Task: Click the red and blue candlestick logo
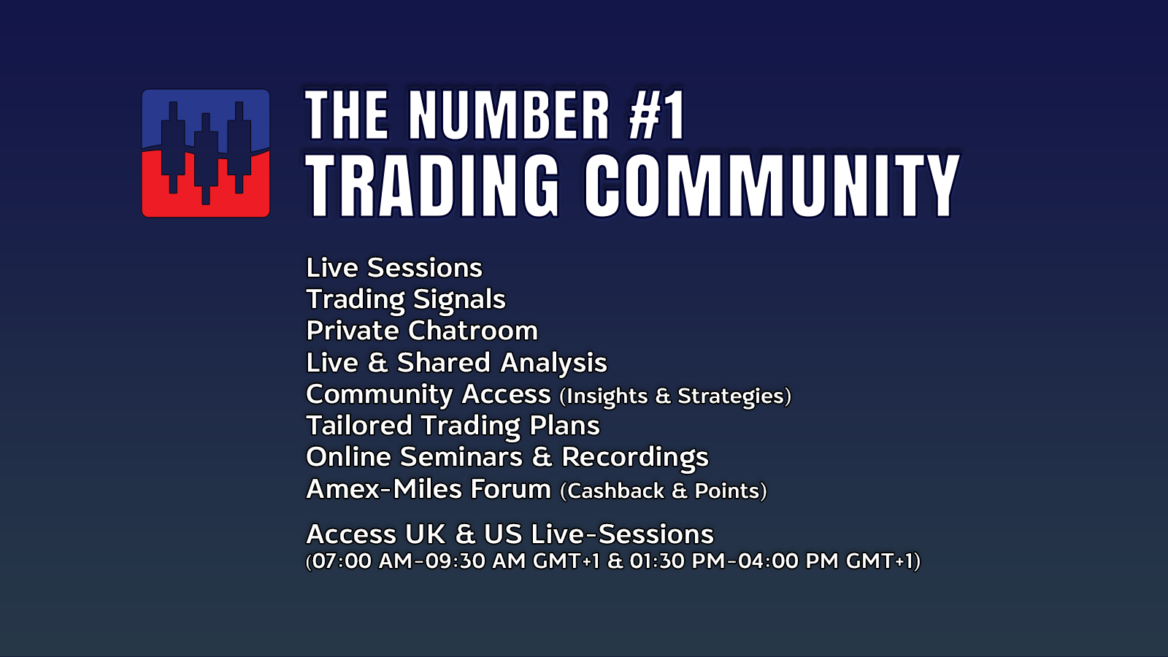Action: [205, 153]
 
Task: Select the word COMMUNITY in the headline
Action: [772, 185]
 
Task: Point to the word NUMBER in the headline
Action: [509, 115]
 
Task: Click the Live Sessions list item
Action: [394, 268]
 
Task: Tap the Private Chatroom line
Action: [422, 331]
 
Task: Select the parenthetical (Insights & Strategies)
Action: [675, 396]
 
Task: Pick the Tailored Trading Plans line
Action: [453, 426]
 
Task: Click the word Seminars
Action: [461, 457]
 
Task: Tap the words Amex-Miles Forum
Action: [429, 489]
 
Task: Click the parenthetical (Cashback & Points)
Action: [664, 491]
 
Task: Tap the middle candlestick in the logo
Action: [206, 158]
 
